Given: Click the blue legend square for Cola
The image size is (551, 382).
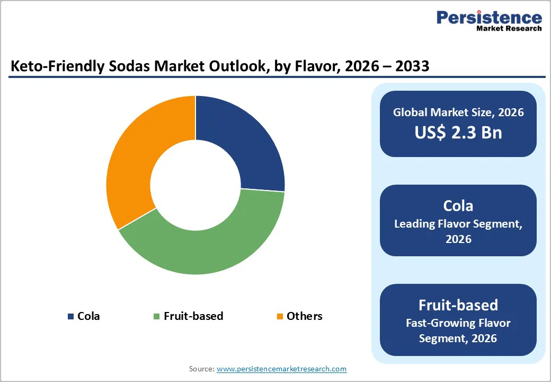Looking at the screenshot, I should (x=70, y=317).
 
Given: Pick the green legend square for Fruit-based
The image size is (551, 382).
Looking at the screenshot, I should (x=156, y=317).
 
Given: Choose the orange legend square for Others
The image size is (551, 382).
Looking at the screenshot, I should (x=279, y=317).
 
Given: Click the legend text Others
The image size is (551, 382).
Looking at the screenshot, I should (x=304, y=316).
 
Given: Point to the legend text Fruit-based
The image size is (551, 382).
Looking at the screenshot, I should (x=193, y=316).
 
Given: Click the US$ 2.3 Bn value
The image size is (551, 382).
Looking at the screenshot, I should (x=458, y=132).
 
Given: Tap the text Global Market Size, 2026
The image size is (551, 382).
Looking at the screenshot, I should (x=458, y=112).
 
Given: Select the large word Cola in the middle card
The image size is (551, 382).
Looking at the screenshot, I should (x=458, y=205).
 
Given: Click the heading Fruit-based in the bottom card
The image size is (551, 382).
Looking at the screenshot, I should (x=458, y=305).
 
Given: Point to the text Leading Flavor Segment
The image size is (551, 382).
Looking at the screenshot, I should (x=458, y=224).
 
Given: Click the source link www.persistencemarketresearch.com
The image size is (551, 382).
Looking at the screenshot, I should (x=281, y=369).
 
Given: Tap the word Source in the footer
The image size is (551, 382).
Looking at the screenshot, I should (x=201, y=369).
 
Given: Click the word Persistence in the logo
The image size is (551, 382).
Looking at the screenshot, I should (x=489, y=18).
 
